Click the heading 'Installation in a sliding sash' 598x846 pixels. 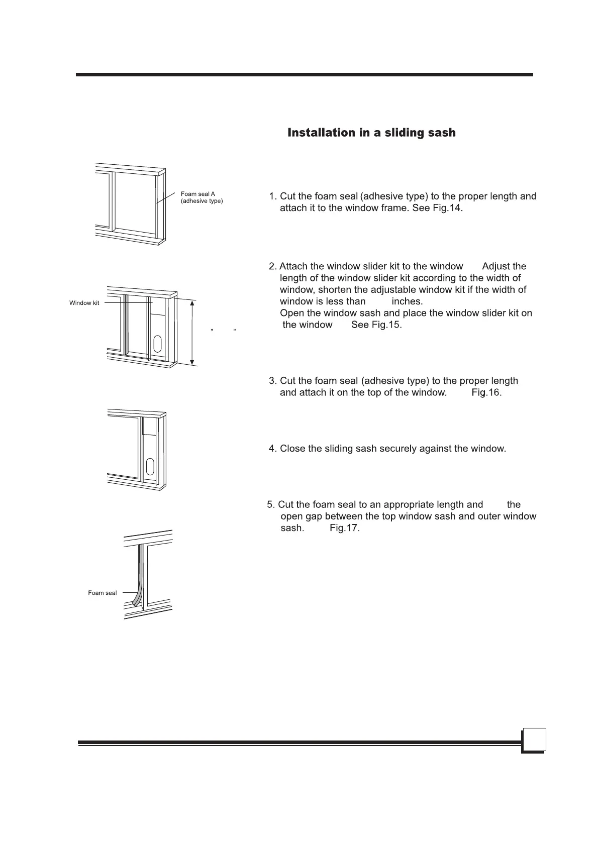pyautogui.click(x=371, y=133)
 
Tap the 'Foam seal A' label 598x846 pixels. pyautogui.click(x=198, y=194)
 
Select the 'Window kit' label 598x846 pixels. pyautogui.click(x=84, y=303)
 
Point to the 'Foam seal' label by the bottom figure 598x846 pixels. pyautogui.click(x=102, y=593)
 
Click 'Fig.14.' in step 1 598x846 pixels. pyautogui.click(x=447, y=208)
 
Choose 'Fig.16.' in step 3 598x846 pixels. pyautogui.click(x=486, y=392)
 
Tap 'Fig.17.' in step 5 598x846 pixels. pyautogui.click(x=345, y=528)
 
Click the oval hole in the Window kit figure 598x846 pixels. pyautogui.click(x=157, y=345)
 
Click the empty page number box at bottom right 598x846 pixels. pyautogui.click(x=534, y=740)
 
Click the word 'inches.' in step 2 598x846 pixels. pyautogui.click(x=407, y=301)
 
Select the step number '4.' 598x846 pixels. pyautogui.click(x=273, y=449)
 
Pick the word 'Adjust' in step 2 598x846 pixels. pyautogui.click(x=496, y=266)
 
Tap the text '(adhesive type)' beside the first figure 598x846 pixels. pyautogui.click(x=202, y=201)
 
